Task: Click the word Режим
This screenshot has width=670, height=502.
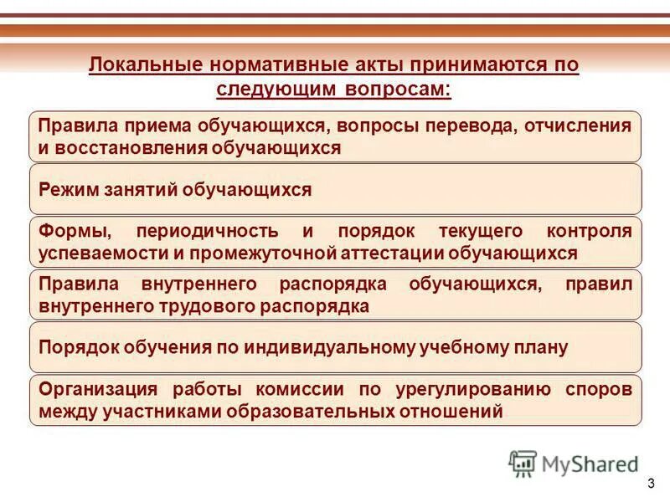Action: click(x=68, y=190)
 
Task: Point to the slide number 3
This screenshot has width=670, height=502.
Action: click(x=652, y=486)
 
